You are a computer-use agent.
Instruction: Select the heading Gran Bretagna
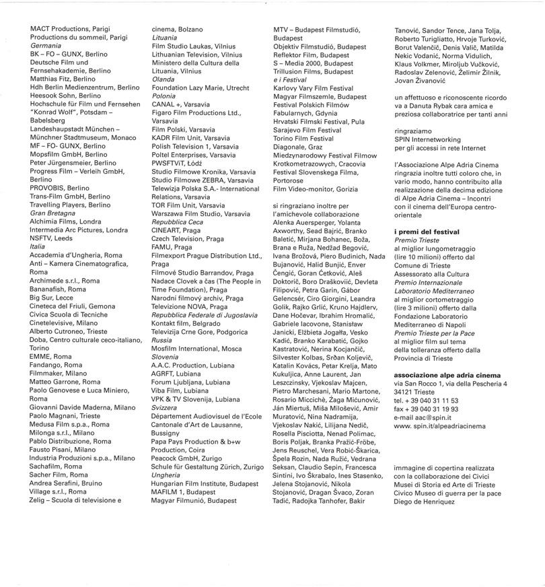click(52, 213)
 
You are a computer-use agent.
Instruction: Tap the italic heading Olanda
click(163, 79)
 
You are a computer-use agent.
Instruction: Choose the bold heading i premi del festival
click(427, 232)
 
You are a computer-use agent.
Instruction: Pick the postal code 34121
click(405, 392)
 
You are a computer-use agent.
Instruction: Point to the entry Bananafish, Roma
click(58, 289)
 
